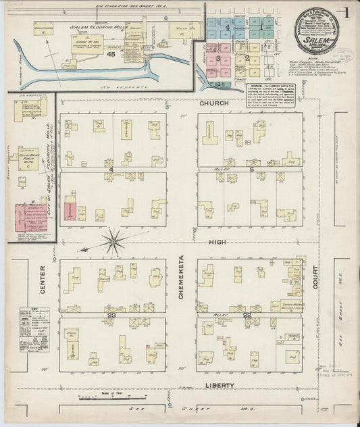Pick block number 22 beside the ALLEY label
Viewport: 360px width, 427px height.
pyautogui.click(x=247, y=315)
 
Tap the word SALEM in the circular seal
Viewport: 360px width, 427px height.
pyautogui.click(x=315, y=41)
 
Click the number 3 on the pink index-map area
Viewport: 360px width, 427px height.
pyautogui.click(x=218, y=59)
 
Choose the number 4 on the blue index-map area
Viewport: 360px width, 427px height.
pyautogui.click(x=228, y=28)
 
